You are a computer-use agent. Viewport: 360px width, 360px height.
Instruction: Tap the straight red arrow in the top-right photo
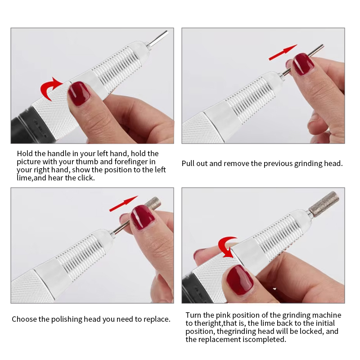coord(283,52)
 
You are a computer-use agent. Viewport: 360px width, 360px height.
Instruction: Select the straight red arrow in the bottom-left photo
coord(123,203)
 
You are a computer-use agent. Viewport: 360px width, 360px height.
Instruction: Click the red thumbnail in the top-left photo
coord(79,94)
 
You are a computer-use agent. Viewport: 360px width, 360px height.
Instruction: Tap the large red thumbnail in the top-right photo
coord(303,64)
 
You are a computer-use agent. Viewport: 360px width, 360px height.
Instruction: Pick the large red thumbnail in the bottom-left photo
coord(142,217)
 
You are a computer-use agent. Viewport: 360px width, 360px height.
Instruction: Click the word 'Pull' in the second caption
coord(188,163)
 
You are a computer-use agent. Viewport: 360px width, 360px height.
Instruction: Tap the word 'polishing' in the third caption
coord(67,319)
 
